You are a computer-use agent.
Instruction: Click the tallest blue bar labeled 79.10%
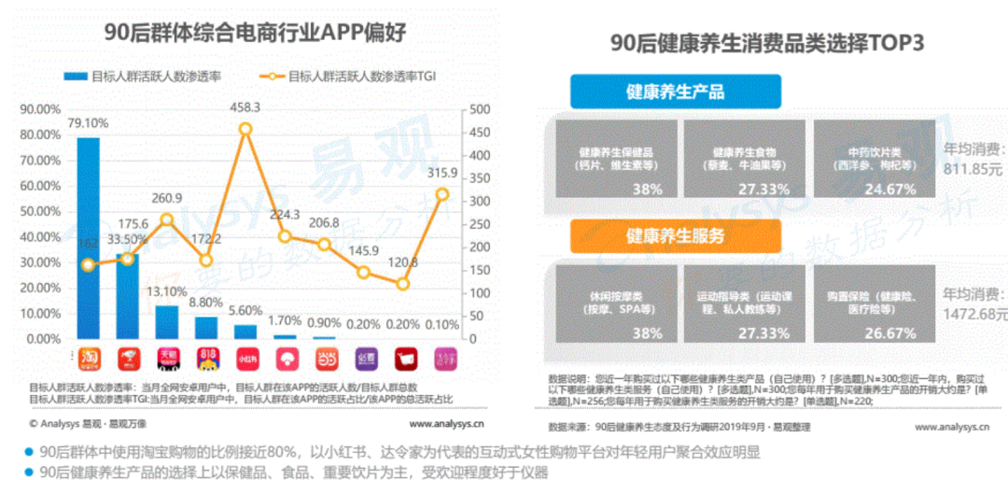click(x=88, y=238)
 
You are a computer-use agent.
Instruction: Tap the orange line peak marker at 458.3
click(x=245, y=129)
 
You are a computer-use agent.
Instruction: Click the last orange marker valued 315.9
click(x=442, y=194)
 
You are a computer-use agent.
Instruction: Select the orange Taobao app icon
click(x=88, y=357)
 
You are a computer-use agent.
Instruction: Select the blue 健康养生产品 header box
click(x=675, y=92)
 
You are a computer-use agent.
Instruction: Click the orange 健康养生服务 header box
click(x=675, y=235)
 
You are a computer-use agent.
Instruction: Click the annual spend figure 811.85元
click(x=973, y=170)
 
